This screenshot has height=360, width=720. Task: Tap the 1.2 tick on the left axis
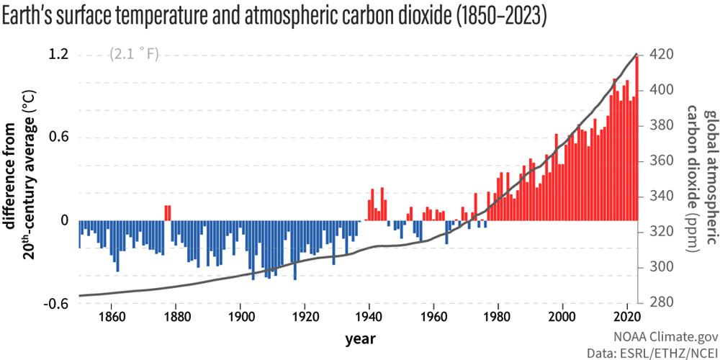(58, 55)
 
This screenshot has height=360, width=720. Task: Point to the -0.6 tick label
(55, 304)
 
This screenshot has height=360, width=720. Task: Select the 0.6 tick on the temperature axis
(58, 138)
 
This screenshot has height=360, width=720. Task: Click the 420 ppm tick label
(660, 55)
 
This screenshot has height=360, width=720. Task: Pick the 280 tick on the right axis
(660, 302)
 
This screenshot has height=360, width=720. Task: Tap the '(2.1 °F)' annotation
(134, 55)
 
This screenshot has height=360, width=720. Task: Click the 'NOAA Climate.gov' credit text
(661, 336)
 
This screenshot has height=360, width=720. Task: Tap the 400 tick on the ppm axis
(660, 90)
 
